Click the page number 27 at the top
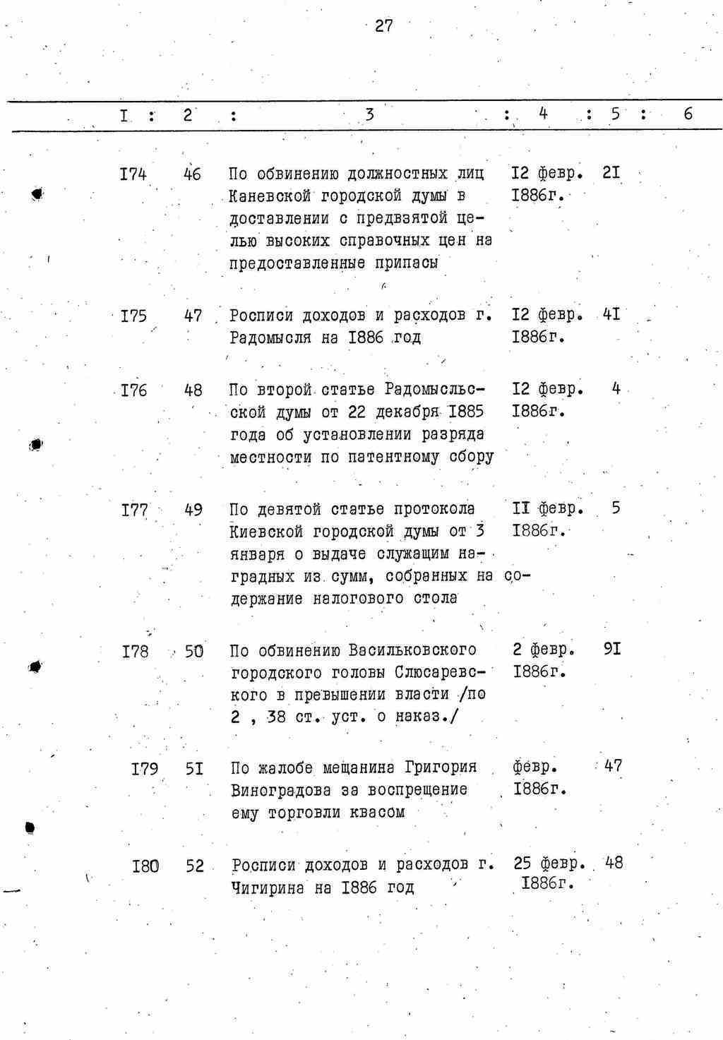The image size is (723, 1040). pos(383,26)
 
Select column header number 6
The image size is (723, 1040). pos(688,113)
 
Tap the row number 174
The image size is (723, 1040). pos(133,174)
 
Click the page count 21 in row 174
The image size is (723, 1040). pos(611,172)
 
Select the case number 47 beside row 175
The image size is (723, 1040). pos(193,316)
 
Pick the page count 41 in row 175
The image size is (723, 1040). pos(611,313)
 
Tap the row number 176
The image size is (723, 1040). pos(133,390)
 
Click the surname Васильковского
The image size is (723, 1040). pos(412,650)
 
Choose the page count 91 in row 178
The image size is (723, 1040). pos(612,648)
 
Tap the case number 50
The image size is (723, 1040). pos(194,651)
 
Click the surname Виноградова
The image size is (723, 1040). pos(275,789)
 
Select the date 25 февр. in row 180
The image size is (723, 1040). pos(549,863)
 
